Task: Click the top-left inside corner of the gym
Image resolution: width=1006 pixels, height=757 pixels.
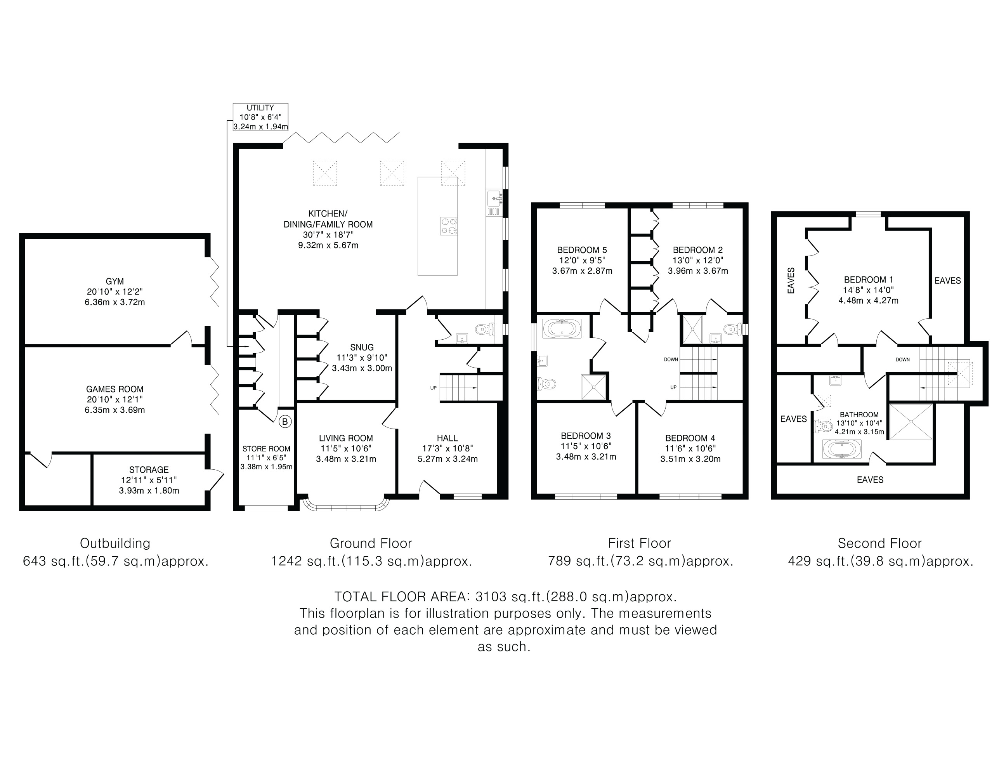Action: click(x=24, y=239)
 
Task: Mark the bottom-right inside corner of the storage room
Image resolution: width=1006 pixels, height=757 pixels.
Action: click(x=205, y=505)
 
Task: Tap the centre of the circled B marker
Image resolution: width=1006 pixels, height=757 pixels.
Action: click(x=285, y=422)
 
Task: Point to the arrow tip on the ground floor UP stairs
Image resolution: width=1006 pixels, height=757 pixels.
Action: click(x=477, y=387)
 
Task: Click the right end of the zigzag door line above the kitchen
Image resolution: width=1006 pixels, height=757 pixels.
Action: click(x=399, y=132)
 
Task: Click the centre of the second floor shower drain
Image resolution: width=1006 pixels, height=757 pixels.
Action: click(x=911, y=422)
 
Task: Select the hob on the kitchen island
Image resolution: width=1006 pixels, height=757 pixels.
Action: click(x=448, y=226)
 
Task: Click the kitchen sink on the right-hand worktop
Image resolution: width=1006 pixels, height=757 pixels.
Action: click(x=494, y=199)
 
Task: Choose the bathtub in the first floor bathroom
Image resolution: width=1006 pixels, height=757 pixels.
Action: click(x=562, y=328)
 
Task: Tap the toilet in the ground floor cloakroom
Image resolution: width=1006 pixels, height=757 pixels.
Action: click(x=484, y=328)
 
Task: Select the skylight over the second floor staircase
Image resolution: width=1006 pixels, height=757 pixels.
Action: click(x=959, y=373)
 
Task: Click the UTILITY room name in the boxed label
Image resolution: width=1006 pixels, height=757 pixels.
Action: click(x=260, y=108)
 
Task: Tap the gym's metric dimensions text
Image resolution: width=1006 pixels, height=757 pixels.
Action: click(x=114, y=302)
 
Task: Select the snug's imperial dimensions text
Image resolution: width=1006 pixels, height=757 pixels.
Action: click(x=362, y=358)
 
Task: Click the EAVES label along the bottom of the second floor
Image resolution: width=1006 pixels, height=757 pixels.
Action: click(x=870, y=479)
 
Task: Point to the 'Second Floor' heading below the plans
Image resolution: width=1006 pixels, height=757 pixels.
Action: click(x=879, y=543)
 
